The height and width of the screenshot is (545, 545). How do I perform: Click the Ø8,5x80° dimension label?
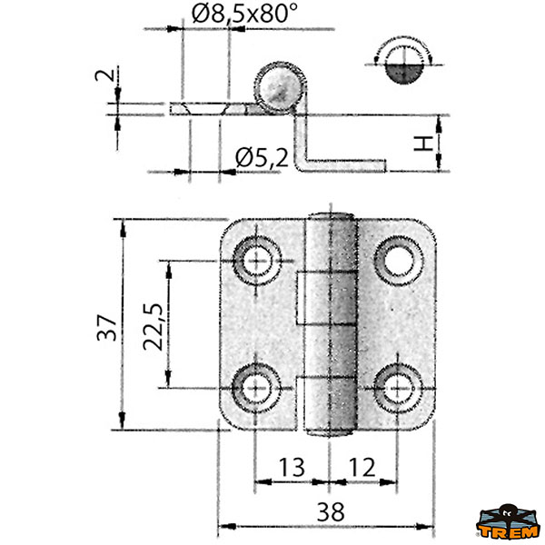click(x=244, y=14)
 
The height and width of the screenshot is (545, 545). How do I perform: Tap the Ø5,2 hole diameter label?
click(x=262, y=157)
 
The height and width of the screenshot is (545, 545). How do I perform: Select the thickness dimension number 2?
click(x=105, y=74)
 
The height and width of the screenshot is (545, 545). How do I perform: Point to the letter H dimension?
click(x=423, y=144)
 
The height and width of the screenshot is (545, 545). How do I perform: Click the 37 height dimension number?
click(x=106, y=328)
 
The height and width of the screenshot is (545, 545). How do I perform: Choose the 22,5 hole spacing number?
click(x=153, y=327)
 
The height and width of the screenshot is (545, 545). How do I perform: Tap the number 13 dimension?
click(x=292, y=468)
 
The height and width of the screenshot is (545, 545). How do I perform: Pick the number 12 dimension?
click(x=362, y=468)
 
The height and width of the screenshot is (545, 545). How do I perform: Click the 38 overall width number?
click(x=331, y=512)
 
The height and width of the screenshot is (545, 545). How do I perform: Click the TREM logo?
click(x=508, y=521)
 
